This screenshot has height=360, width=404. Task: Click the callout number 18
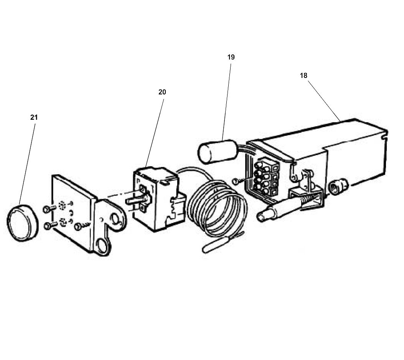pyautogui.click(x=303, y=76)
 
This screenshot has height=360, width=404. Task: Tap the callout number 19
pyautogui.click(x=231, y=57)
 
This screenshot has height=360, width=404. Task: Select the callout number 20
pyautogui.click(x=162, y=92)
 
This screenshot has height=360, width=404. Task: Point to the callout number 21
pyautogui.click(x=34, y=117)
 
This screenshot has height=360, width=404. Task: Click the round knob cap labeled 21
pyautogui.click(x=22, y=223)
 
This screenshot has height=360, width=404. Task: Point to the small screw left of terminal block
pyautogui.click(x=238, y=180)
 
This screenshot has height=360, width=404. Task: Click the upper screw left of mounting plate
pyautogui.click(x=47, y=208)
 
